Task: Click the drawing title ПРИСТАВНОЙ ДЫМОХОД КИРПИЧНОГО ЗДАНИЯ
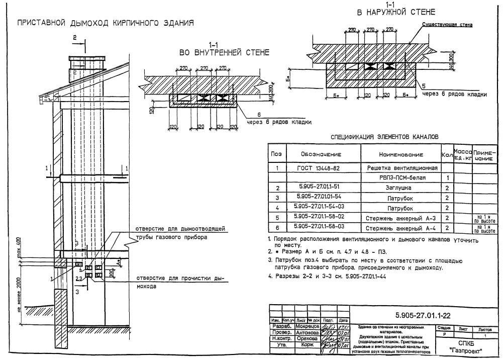pos(106,23)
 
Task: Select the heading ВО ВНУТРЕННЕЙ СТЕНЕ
pos(225,52)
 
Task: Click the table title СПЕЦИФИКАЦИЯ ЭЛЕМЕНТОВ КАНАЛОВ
pos(384,136)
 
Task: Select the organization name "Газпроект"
pos(467,350)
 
